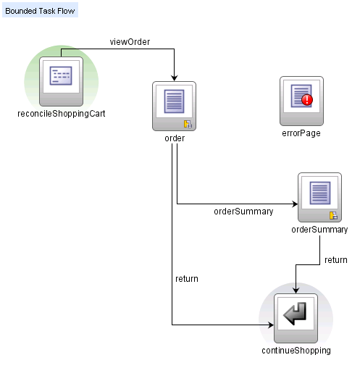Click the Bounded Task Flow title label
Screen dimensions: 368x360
(39, 12)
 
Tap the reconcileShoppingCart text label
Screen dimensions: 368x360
(61, 114)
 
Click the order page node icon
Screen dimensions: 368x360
(175, 106)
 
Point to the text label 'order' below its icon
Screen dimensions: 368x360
(175, 138)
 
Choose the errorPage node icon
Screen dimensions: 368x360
(301, 100)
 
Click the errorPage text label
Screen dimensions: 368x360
(301, 133)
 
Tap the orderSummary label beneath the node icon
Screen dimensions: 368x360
(319, 230)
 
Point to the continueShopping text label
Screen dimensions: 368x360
(296, 351)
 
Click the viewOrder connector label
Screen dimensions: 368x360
(130, 41)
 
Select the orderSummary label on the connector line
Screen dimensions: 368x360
(243, 212)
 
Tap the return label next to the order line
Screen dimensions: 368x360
(187, 278)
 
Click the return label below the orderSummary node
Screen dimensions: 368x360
(335, 259)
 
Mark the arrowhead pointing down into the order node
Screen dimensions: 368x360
(175, 78)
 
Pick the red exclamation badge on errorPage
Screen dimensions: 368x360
(307, 100)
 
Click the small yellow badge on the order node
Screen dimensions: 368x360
(187, 124)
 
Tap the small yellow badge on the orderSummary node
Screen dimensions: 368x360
(333, 215)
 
